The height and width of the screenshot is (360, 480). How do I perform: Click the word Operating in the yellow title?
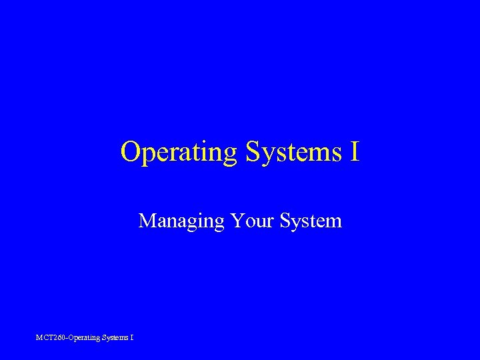tap(179, 152)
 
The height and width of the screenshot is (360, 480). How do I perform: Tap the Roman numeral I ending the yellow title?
tap(353, 152)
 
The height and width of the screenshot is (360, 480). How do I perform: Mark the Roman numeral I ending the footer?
tap(131, 337)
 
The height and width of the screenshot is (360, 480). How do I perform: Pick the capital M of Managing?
tap(147, 220)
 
